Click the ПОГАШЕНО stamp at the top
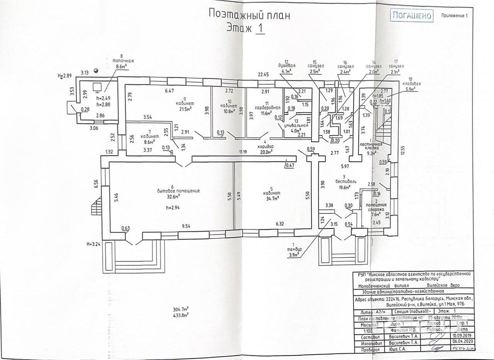[411, 16]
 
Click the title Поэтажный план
[249, 15]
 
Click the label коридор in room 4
[266, 147]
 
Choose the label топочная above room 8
[123, 61]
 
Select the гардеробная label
[265, 108]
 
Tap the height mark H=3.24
[94, 244]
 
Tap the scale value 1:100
[368, 331]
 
